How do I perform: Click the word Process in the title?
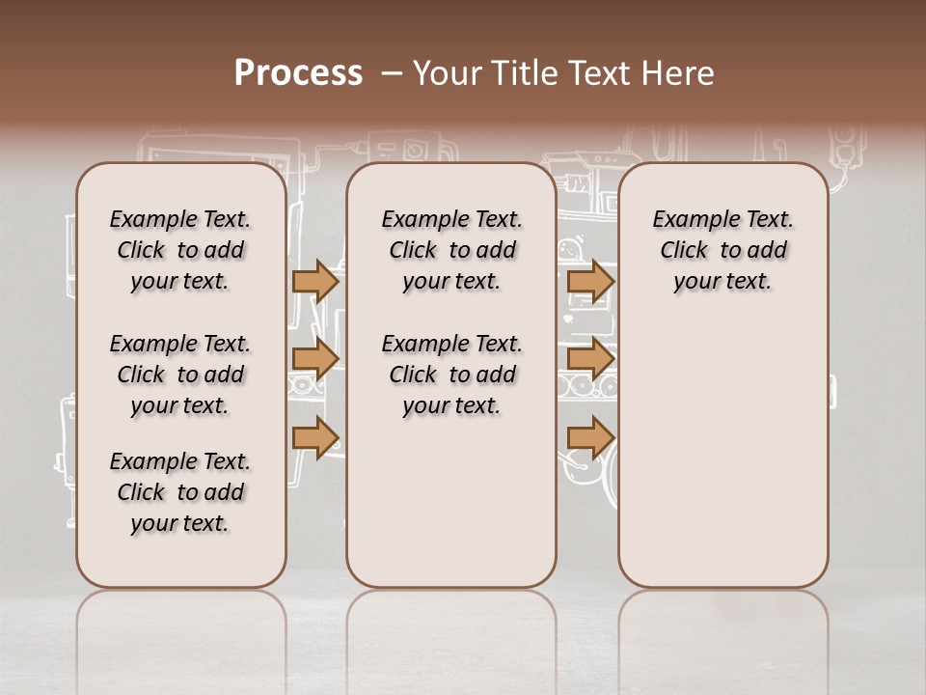pyautogui.click(x=298, y=72)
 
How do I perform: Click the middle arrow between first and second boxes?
pyautogui.click(x=314, y=359)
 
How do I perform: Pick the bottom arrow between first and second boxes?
pyautogui.click(x=314, y=437)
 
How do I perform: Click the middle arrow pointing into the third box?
pyautogui.click(x=589, y=359)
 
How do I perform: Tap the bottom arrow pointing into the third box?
pyautogui.click(x=589, y=437)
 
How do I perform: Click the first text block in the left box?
pyautogui.click(x=180, y=250)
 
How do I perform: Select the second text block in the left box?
pyautogui.click(x=180, y=375)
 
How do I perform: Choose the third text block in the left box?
pyautogui.click(x=180, y=492)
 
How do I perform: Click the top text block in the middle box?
pyautogui.click(x=451, y=250)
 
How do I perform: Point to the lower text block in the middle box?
pyautogui.click(x=451, y=375)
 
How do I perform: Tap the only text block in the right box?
pyautogui.click(x=723, y=250)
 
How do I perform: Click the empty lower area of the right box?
pyautogui.click(x=723, y=454)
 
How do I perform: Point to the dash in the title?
pyautogui.click(x=391, y=72)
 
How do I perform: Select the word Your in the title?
pyautogui.click(x=447, y=72)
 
